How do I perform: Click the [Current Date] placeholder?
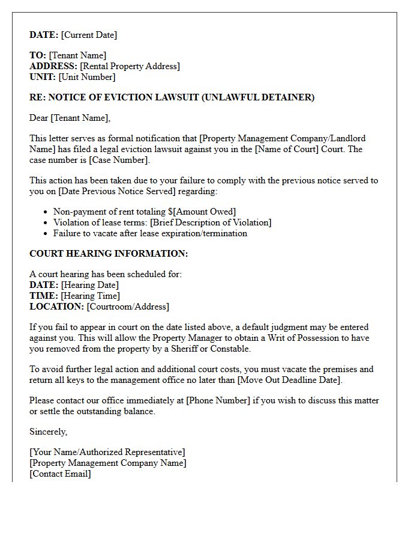(89, 35)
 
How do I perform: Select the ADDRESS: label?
(53, 66)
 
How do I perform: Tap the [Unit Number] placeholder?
(88, 77)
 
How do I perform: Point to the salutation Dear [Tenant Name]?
(70, 118)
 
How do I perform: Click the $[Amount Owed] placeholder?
(201, 212)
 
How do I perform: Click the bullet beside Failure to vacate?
(46, 233)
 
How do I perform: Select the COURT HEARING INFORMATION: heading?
(109, 254)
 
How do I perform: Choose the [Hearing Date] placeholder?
(90, 285)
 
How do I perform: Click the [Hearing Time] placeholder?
(91, 296)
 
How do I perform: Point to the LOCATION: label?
(56, 307)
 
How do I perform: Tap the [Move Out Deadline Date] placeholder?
(289, 380)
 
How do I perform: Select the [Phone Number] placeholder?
(218, 400)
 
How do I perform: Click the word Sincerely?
(49, 432)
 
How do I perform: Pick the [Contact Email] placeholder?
(61, 474)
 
